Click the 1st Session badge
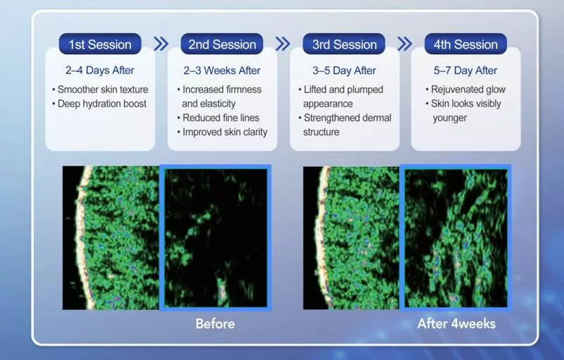pyautogui.click(x=100, y=44)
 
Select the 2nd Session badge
pyautogui.click(x=222, y=44)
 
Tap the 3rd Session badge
pyautogui.click(x=344, y=44)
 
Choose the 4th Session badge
pyautogui.click(x=466, y=44)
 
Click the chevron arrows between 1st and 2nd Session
pyautogui.click(x=161, y=44)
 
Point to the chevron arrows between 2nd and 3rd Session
pyautogui.click(x=283, y=44)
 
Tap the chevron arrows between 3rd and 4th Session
pyautogui.click(x=405, y=44)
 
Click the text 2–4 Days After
pyautogui.click(x=100, y=70)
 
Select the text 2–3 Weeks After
pyautogui.click(x=222, y=70)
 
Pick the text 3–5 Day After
pyautogui.click(x=344, y=70)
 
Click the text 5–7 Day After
pyautogui.click(x=466, y=70)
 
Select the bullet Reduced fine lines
pyautogui.click(x=221, y=118)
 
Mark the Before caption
pyautogui.click(x=215, y=324)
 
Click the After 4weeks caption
pyautogui.click(x=456, y=324)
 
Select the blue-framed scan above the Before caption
pyautogui.click(x=215, y=237)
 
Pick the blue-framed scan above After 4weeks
pyautogui.click(x=455, y=237)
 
